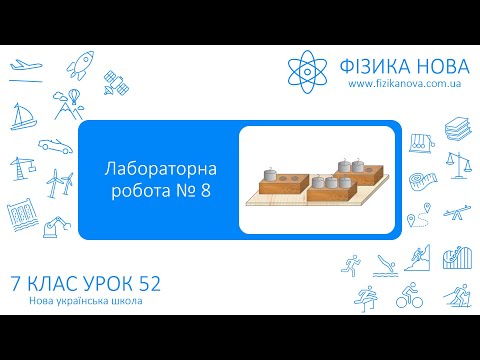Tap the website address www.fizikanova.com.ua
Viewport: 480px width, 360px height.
pyautogui.click(x=402, y=87)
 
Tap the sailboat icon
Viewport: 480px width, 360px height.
pyautogui.click(x=22, y=114)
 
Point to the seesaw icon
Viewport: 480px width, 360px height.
pyautogui.click(x=455, y=216)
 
